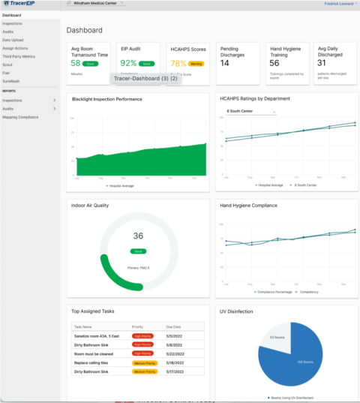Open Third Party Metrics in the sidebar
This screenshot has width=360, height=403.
[x=19, y=56]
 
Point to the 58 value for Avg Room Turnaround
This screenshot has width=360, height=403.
[x=76, y=64]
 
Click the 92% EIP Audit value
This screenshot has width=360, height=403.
[x=128, y=64]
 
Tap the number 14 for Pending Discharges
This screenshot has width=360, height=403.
[x=225, y=63]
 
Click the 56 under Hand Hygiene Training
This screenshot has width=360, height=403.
[x=274, y=63]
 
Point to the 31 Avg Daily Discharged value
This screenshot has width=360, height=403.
[x=322, y=63]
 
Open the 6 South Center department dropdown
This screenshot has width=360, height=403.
[x=250, y=112]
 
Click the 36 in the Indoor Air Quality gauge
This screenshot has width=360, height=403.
[x=138, y=236]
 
